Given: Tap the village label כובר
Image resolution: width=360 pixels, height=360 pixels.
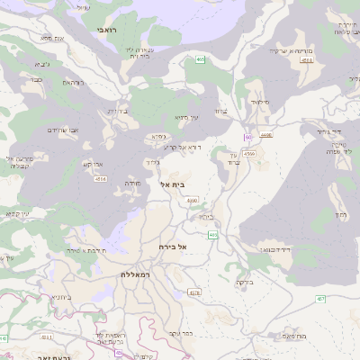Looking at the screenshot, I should click(37, 80).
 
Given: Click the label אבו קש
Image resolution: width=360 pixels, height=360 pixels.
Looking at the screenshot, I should click(94, 165).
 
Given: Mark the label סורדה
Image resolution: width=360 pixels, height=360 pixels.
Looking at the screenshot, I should click(131, 183).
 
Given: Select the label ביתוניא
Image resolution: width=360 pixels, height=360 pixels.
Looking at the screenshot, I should click(59, 297).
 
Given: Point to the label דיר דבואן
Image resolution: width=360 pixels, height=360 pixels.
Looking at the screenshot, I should click(274, 247).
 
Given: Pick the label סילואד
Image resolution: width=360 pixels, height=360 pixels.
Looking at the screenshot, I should click(261, 102).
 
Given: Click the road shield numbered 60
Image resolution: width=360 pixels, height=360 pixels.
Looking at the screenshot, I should click(247, 137).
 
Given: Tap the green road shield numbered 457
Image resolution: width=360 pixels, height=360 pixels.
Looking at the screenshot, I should click(320, 299).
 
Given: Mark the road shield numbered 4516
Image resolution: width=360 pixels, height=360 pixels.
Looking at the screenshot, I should click(100, 178).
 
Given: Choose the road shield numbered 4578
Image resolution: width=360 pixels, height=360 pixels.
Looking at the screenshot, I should click(194, 292).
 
